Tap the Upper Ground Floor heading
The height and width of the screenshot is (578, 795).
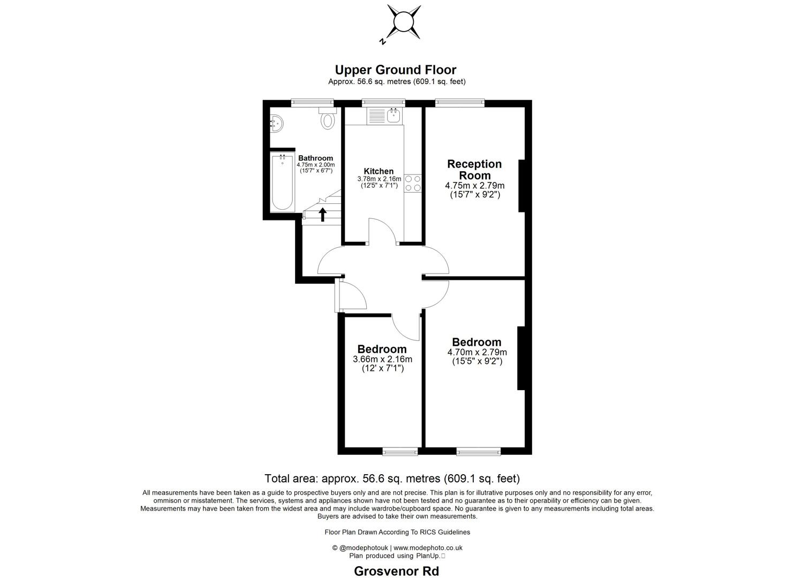coord(395,70)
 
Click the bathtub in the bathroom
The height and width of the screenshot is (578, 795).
coord(282,182)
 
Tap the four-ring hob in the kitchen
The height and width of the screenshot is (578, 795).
coord(413,183)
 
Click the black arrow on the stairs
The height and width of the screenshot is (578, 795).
coord(322,214)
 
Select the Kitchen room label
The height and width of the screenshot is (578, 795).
coord(378,171)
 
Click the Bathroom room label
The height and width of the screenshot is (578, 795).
coord(315,158)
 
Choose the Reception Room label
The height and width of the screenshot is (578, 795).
coord(474,170)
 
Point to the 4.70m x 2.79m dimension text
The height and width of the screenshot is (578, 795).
coord(477,352)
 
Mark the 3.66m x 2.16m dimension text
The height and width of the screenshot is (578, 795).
coord(382,359)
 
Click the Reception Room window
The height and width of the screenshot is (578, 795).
coord(459,102)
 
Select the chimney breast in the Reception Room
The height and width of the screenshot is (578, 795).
coord(521,186)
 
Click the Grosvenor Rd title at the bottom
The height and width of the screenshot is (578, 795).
coord(396,571)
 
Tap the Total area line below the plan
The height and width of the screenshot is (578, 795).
coord(392,478)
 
